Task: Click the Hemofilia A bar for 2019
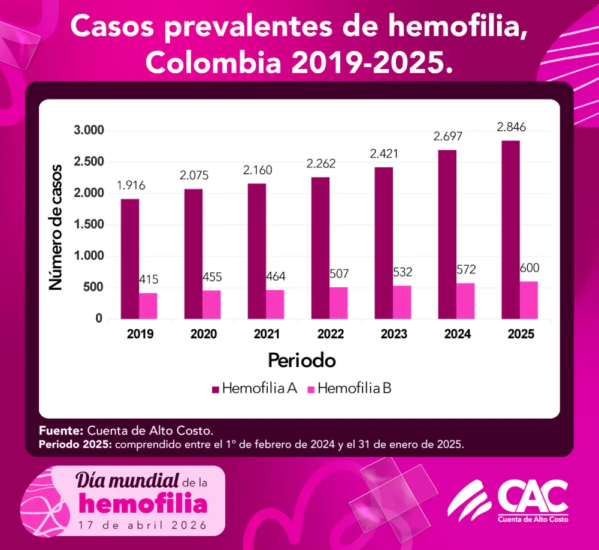(130, 259)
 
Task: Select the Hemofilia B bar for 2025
(529, 300)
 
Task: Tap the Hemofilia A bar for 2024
(447, 235)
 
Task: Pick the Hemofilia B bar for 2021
(276, 305)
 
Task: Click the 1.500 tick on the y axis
(89, 225)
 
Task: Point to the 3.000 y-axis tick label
(89, 131)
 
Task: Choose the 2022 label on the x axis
(330, 335)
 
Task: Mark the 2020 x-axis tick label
(204, 335)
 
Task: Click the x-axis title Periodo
(301, 361)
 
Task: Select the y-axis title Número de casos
(56, 227)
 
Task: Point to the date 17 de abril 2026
(142, 524)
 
